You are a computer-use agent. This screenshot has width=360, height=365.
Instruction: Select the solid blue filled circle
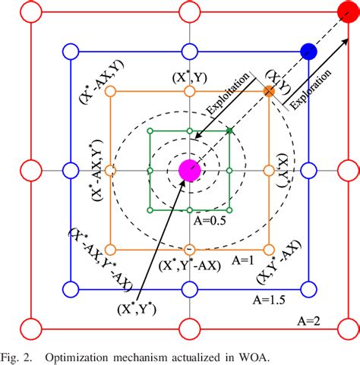coord(308,51)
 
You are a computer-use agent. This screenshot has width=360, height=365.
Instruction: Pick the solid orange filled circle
coord(268,92)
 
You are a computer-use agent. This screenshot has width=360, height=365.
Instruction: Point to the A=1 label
coord(242,258)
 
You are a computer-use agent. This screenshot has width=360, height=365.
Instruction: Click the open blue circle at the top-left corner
coord(69,51)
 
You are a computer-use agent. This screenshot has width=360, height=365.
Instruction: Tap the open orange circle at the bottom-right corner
coord(268,249)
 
